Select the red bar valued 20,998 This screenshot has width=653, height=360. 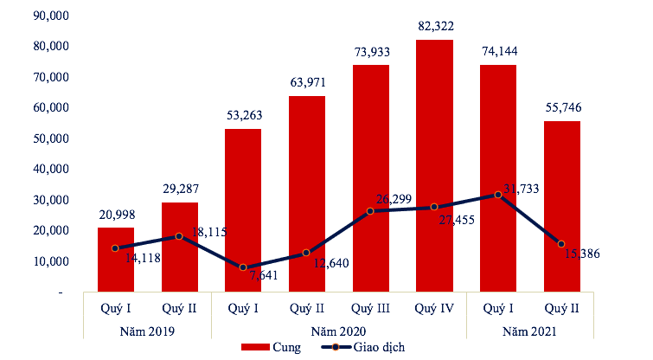click(x=115, y=260)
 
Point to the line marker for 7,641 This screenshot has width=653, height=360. click(x=243, y=267)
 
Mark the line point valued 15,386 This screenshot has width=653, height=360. click(x=561, y=244)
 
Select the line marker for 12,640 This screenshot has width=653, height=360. click(x=306, y=253)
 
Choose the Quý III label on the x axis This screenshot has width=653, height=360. click(x=370, y=308)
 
